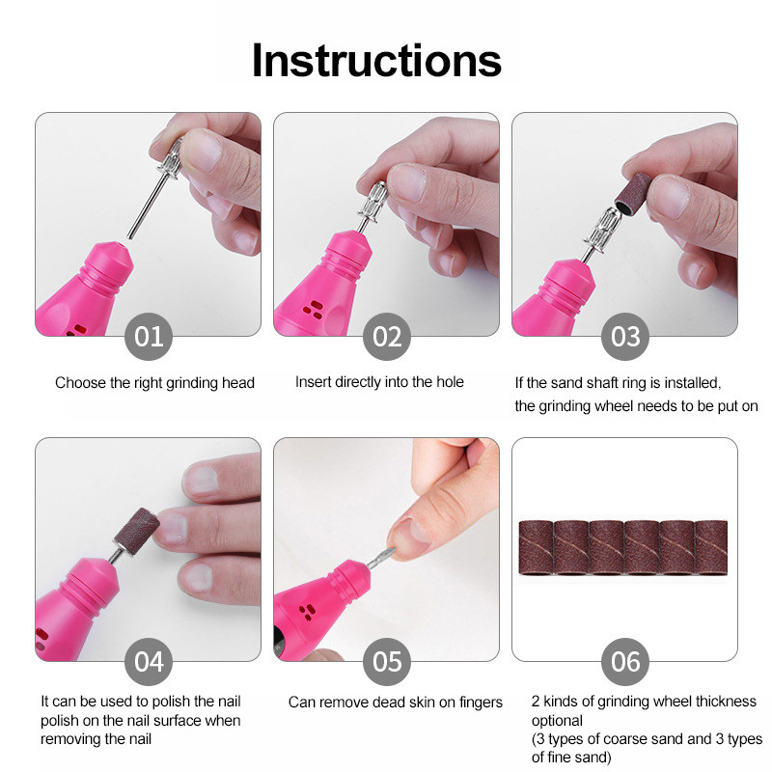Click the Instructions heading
(x=376, y=61)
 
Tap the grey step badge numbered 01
(x=149, y=337)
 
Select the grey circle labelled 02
(x=387, y=337)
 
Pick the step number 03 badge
(x=624, y=337)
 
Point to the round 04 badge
(x=149, y=662)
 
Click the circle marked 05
(x=387, y=662)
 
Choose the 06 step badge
(x=624, y=662)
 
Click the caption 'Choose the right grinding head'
(x=154, y=383)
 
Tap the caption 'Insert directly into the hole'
(x=379, y=382)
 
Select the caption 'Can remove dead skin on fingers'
(x=396, y=703)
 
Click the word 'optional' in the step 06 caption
(x=557, y=721)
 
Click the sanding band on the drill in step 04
(x=137, y=532)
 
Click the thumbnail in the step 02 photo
(x=405, y=181)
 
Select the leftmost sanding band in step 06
(x=537, y=547)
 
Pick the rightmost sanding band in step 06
(x=711, y=547)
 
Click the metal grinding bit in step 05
(x=382, y=559)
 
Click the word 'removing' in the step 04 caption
(x=69, y=739)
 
